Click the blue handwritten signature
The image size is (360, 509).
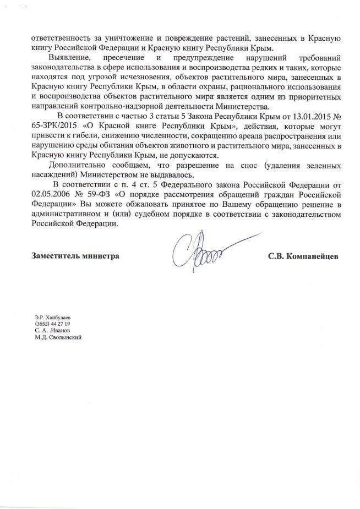pyautogui.click(x=199, y=252)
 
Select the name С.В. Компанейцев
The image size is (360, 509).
pyautogui.click(x=303, y=256)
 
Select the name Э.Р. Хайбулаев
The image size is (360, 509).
pyautogui.click(x=52, y=317)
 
